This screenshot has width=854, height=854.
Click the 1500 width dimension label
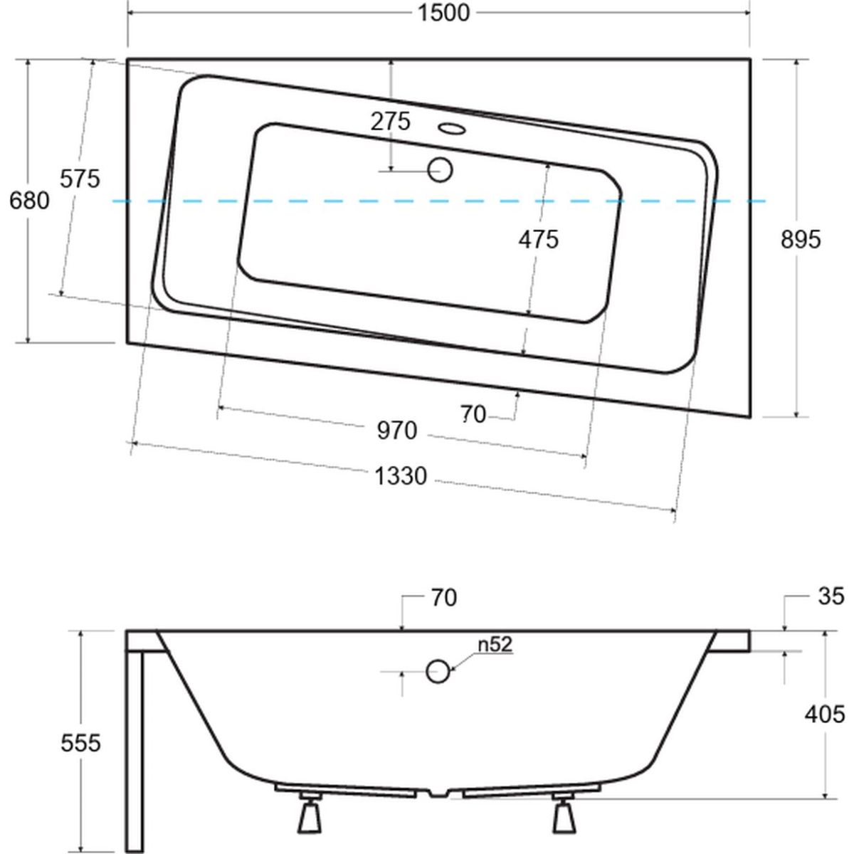(x=443, y=13)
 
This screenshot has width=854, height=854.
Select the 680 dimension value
(x=29, y=201)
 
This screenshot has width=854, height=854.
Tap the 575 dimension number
(x=80, y=179)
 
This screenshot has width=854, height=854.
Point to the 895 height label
(x=801, y=240)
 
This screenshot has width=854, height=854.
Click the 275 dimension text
(x=391, y=122)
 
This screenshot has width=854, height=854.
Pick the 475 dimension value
(x=539, y=240)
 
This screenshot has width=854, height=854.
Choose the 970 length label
(x=397, y=431)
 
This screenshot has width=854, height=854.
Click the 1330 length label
(x=401, y=476)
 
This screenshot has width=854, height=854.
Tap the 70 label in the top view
(x=473, y=414)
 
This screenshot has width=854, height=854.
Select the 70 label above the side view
(x=444, y=598)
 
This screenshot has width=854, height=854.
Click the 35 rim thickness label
(x=831, y=596)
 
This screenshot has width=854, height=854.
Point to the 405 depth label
(x=825, y=715)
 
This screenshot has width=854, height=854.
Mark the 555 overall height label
(x=80, y=743)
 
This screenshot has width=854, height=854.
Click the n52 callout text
(x=495, y=644)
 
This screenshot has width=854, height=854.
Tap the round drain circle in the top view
(x=440, y=170)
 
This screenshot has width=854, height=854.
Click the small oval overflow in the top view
(x=452, y=129)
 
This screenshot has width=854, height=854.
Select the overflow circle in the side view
(x=438, y=671)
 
